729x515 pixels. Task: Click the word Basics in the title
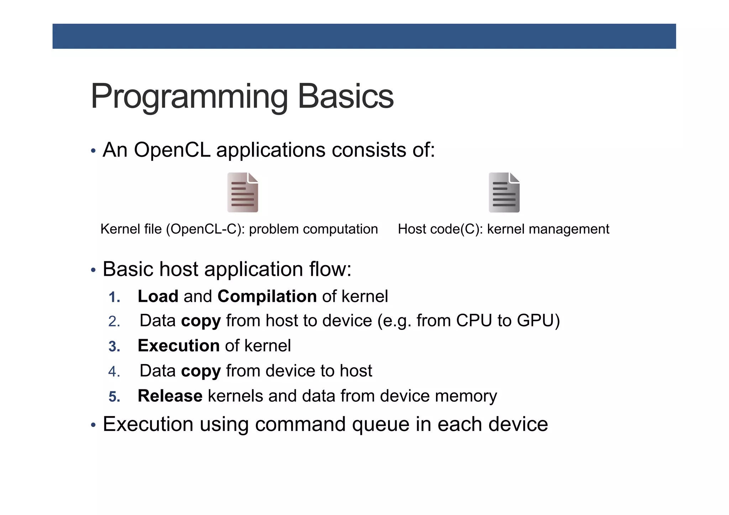(x=345, y=96)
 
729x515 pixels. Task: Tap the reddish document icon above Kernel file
(x=243, y=193)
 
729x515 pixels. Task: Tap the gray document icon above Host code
(x=504, y=193)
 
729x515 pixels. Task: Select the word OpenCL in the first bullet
(x=172, y=150)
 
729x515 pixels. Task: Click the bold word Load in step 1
(x=158, y=296)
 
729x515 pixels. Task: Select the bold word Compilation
(x=267, y=296)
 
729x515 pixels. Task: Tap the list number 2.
(x=114, y=322)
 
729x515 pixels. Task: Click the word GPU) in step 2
(x=538, y=321)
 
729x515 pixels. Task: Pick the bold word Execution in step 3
(x=178, y=346)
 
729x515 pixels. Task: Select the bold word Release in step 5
(x=170, y=396)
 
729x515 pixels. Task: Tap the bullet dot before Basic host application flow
(x=93, y=270)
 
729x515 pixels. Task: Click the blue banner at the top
(x=364, y=36)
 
